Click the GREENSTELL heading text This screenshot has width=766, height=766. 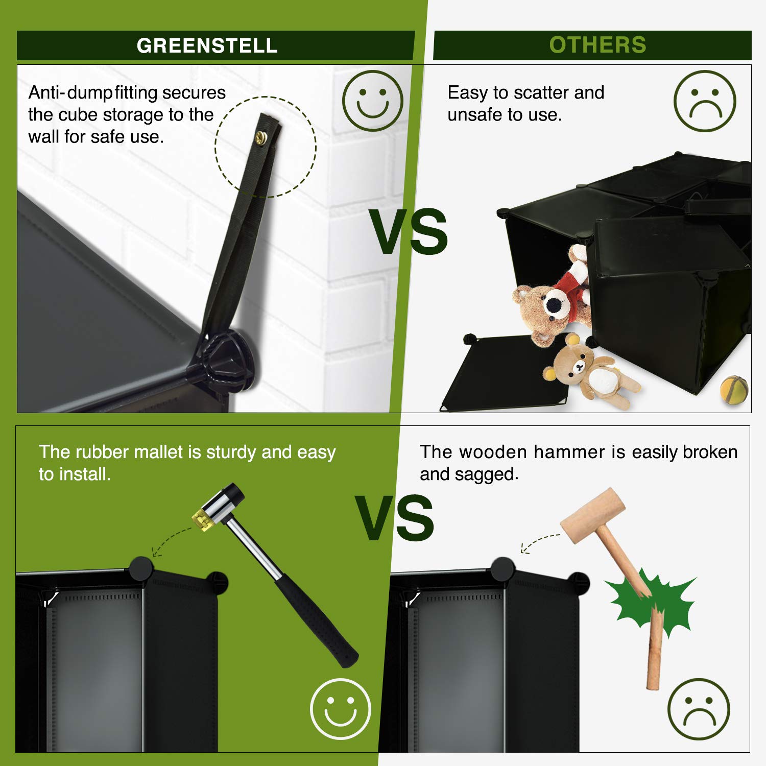pos(207,46)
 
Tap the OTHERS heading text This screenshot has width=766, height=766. pos(597,45)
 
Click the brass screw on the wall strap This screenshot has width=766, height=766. pos(261,136)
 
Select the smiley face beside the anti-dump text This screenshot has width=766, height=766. pos(373,101)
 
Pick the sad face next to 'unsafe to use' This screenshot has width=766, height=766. pos(705,101)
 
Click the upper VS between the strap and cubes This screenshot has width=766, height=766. pos(409,232)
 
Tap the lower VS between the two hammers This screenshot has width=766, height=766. pos(395,518)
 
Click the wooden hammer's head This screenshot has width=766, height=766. pos(593,515)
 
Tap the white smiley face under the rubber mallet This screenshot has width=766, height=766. pos(341,709)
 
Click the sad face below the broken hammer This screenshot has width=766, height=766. pos(699,709)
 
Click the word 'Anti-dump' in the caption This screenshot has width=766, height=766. pos(70,93)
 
